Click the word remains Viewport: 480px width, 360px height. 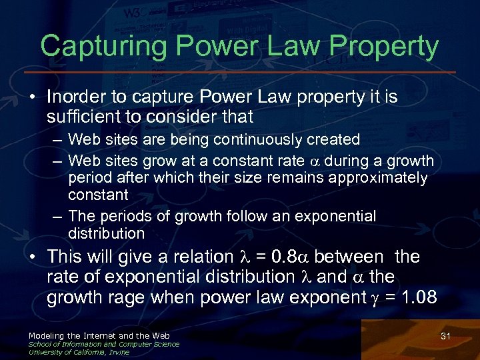coord(290,178)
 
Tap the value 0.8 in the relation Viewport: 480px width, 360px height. coord(288,257)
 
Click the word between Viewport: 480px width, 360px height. coord(349,257)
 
